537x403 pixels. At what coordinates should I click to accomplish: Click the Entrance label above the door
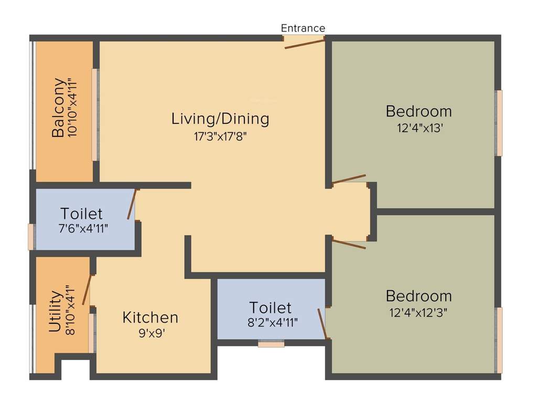point(303,28)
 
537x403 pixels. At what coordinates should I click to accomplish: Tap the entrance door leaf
point(305,44)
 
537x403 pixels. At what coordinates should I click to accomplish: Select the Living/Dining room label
point(220,119)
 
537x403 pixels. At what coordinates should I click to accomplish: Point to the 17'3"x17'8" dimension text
point(220,136)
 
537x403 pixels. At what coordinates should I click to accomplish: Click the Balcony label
point(58,108)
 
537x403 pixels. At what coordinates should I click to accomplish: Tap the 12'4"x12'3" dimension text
point(418,312)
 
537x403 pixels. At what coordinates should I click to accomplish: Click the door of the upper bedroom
point(349,179)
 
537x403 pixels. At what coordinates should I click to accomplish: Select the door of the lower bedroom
point(349,244)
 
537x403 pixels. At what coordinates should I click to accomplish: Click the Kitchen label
point(151,317)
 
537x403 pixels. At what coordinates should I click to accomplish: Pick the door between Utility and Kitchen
point(87,290)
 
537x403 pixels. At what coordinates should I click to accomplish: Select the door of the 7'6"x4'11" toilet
point(132,204)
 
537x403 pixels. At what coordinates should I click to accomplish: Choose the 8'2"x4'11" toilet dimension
point(272,322)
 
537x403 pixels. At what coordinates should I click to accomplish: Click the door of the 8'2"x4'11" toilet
point(323,324)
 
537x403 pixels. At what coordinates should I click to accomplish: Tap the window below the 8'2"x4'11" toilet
point(271,344)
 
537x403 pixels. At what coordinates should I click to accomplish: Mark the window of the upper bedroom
point(499,123)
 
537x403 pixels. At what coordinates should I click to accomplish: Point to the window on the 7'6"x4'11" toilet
point(31,237)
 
